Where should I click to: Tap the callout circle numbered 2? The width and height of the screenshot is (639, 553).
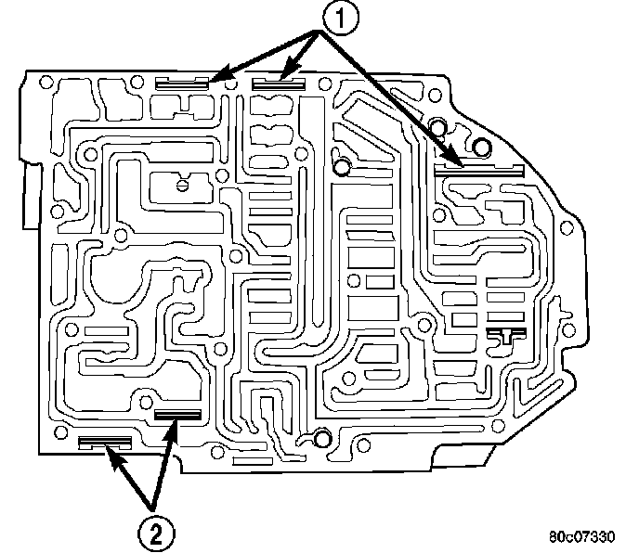coord(156,532)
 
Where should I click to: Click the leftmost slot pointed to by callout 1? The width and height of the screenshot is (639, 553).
coord(182,83)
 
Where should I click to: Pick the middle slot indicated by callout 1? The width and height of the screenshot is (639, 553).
coord(278,83)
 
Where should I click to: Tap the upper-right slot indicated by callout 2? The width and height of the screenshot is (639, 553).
coord(176,415)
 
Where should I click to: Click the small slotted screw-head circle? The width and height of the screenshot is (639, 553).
coord(182,185)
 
